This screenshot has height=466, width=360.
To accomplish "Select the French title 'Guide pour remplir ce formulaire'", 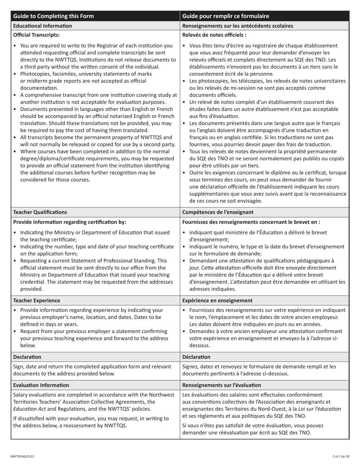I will [226, 16].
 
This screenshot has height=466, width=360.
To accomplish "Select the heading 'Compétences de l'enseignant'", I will [218, 212].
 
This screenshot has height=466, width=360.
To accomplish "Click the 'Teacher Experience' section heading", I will [37, 300].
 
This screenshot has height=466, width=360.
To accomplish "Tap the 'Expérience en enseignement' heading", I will [218, 300].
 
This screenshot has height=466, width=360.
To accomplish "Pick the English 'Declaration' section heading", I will [27, 357].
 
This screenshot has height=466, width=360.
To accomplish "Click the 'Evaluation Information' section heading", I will [41, 385].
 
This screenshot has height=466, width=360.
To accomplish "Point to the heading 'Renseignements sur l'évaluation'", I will [222, 385].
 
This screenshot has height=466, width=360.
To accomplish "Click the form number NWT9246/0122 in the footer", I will [22, 456].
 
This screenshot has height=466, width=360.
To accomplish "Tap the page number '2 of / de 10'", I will [341, 456].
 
